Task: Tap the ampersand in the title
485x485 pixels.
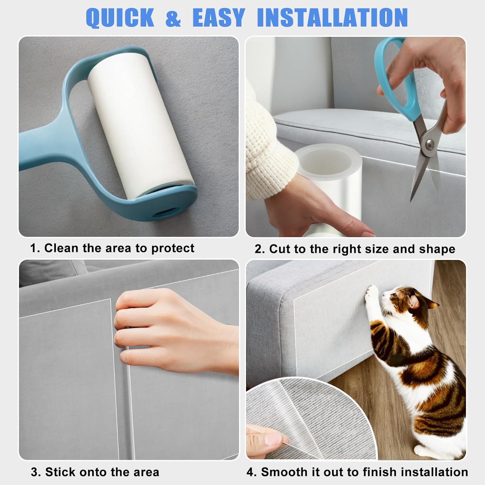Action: point(173,18)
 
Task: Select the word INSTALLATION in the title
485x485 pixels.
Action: point(332,17)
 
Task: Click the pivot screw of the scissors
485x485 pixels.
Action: point(429,143)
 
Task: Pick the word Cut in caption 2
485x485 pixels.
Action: point(279,249)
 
